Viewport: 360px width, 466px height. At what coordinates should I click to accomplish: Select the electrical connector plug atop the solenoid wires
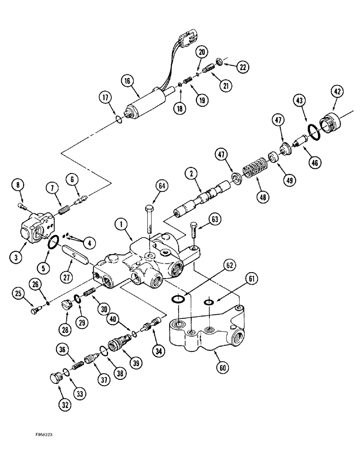point(186,38)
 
